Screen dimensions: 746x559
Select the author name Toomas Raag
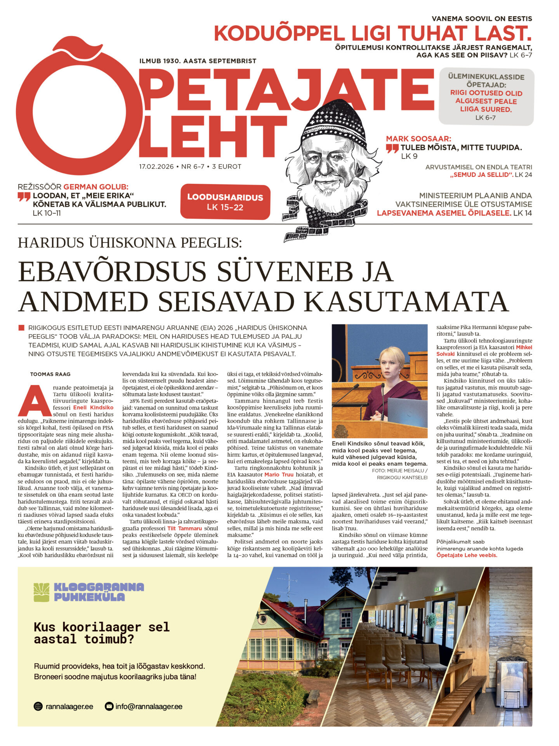(x=50, y=374)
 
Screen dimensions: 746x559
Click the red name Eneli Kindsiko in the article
(x=93, y=408)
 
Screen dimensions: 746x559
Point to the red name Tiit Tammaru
(x=184, y=528)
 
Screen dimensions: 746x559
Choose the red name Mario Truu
(x=279, y=474)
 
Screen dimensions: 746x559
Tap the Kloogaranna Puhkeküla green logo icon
(x=42, y=593)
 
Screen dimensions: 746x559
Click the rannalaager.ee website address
(x=69, y=706)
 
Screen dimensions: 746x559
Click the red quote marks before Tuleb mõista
(x=392, y=148)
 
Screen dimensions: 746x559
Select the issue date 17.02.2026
(x=156, y=167)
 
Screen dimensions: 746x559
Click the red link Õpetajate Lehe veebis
(x=467, y=555)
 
